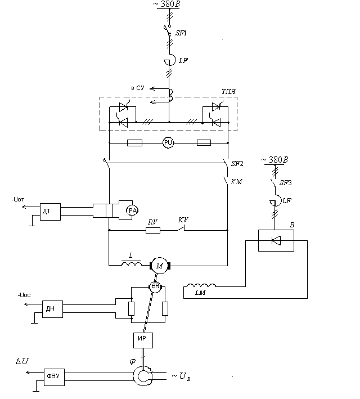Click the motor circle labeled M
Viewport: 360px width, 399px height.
159,264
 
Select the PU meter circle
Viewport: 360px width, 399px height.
168,143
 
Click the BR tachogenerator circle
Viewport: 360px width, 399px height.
155,287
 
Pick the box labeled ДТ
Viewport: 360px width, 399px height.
47,210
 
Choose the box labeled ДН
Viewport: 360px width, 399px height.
51,308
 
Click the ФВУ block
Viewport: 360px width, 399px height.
53,375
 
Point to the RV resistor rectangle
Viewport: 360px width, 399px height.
153,230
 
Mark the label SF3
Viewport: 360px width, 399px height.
286,183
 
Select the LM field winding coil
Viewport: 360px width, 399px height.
202,286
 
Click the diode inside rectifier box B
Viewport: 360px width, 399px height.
276,241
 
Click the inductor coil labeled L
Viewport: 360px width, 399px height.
132,263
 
